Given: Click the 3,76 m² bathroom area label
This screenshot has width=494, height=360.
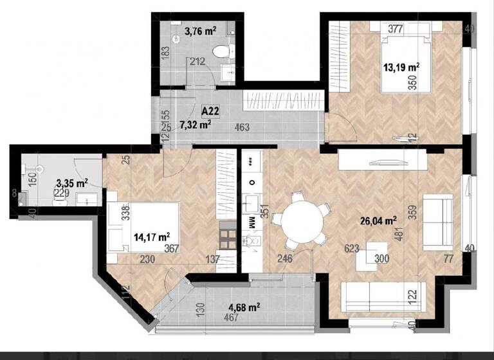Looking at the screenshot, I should [x=200, y=30].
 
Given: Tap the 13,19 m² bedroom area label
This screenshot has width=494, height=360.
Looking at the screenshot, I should [x=401, y=66].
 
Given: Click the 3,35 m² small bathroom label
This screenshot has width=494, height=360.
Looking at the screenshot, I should [x=72, y=183].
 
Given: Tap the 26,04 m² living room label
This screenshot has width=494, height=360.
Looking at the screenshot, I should [x=376, y=222].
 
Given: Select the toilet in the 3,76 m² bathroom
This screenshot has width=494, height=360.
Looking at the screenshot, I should [x=221, y=51].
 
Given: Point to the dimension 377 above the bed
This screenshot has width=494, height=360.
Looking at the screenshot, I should [x=395, y=28].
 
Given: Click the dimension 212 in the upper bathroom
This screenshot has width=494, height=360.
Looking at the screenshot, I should [x=196, y=62].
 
